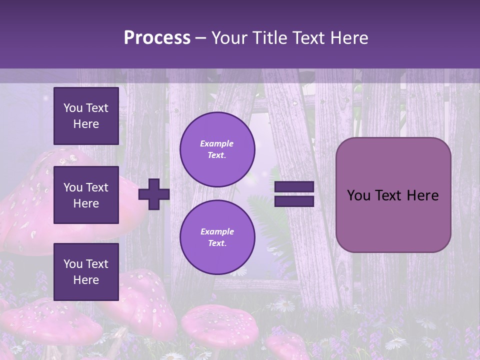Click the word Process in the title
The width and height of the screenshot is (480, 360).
click(157, 38)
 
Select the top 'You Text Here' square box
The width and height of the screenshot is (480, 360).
click(86, 116)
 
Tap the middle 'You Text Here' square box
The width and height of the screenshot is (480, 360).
click(86, 195)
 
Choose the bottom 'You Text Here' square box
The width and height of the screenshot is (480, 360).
click(86, 271)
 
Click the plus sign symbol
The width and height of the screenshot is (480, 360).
click(153, 194)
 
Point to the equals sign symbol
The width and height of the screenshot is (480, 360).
click(294, 194)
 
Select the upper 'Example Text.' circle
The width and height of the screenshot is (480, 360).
click(217, 149)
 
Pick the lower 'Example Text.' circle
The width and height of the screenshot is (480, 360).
click(217, 237)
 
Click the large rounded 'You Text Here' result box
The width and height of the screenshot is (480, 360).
click(393, 195)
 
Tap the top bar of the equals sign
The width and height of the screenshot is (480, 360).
click(294, 187)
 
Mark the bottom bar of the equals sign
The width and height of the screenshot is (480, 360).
click(294, 201)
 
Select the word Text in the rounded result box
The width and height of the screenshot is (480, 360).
click(393, 195)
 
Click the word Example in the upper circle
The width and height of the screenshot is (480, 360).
click(216, 143)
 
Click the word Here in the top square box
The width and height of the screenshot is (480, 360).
click(86, 124)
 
